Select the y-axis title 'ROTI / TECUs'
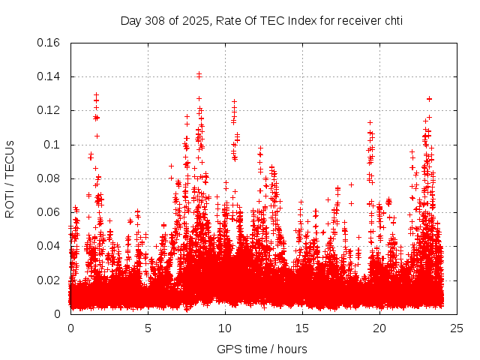(x=10, y=178)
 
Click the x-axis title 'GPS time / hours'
(x=262, y=349)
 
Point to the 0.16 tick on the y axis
(x=49, y=43)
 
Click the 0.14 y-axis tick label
(x=49, y=76)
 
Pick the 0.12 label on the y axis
(x=49, y=110)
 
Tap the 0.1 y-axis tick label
(x=52, y=144)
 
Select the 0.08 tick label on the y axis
(x=49, y=178)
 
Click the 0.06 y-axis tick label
(x=49, y=212)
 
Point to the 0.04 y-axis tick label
(x=49, y=246)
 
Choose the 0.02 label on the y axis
(x=49, y=280)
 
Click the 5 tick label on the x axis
(x=148, y=328)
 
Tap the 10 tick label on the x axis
(x=225, y=328)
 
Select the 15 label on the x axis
(x=302, y=328)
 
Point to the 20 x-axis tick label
(x=379, y=328)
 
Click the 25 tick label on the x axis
(x=457, y=328)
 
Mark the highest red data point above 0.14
(x=199, y=75)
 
